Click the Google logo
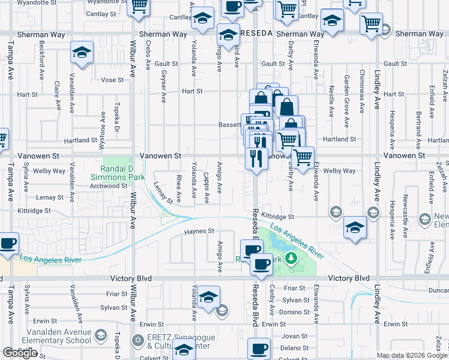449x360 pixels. pos(20,353)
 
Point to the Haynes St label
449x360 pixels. pos(199,231)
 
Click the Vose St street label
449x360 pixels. pos(112,80)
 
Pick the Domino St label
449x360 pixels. pos(294,312)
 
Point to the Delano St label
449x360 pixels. pos(294,348)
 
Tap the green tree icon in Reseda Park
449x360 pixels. pos(291,258)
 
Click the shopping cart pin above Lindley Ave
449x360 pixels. pos(372,24)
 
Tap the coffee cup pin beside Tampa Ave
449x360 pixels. pos(8,244)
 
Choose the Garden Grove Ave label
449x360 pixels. pos(346,101)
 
